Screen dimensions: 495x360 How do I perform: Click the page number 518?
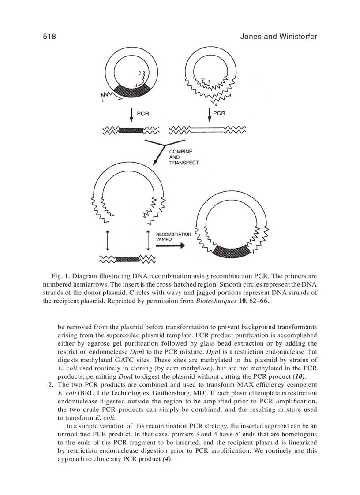pyautogui.click(x=49, y=37)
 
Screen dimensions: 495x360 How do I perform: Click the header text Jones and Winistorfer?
pyautogui.click(x=278, y=37)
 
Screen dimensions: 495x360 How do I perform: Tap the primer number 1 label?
pyautogui.click(x=103, y=101)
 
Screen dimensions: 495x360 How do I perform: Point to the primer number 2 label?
pyautogui.click(x=139, y=73)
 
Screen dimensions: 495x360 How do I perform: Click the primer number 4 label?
pyautogui.click(x=216, y=105)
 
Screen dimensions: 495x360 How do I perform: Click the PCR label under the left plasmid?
pyautogui.click(x=143, y=113)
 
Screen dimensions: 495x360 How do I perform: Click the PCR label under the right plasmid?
pyautogui.click(x=219, y=113)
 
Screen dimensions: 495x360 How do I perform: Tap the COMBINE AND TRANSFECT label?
pyautogui.click(x=184, y=157)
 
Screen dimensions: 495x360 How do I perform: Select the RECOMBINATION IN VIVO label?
pyautogui.click(x=173, y=237)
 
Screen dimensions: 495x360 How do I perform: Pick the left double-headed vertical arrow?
pyautogui.click(x=107, y=240)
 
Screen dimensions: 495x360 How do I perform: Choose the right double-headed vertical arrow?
pyautogui.click(x=148, y=240)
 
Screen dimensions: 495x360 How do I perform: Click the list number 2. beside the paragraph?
pyautogui.click(x=51, y=385)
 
